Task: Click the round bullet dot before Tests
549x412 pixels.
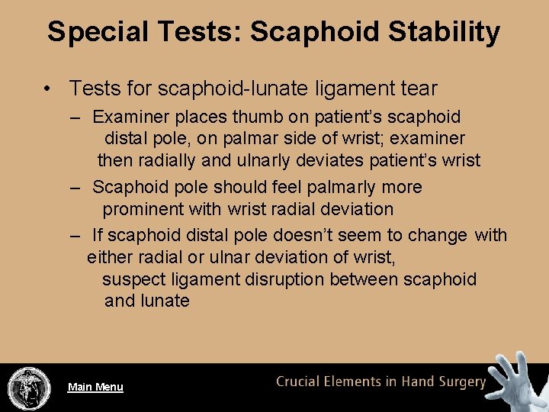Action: (x=47, y=89)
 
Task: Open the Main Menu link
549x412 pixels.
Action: (x=95, y=387)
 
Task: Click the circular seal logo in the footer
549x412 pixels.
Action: (x=28, y=388)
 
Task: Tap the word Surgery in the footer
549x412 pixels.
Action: (x=460, y=381)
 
